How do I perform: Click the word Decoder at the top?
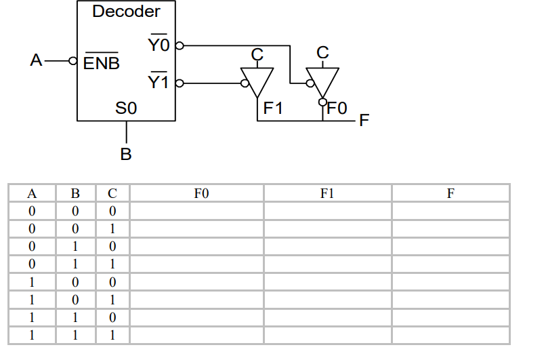(126, 12)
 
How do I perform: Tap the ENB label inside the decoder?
(102, 64)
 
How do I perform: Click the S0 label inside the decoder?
(126, 107)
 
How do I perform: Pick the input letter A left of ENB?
(37, 60)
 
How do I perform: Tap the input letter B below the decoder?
(126, 154)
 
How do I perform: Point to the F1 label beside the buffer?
(273, 107)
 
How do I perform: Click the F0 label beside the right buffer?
(337, 107)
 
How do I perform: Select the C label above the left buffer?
(257, 53)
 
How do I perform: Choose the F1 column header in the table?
(328, 193)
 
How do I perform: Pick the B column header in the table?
(76, 193)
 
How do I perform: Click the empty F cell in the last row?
(450, 335)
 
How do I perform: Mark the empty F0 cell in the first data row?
(196, 211)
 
